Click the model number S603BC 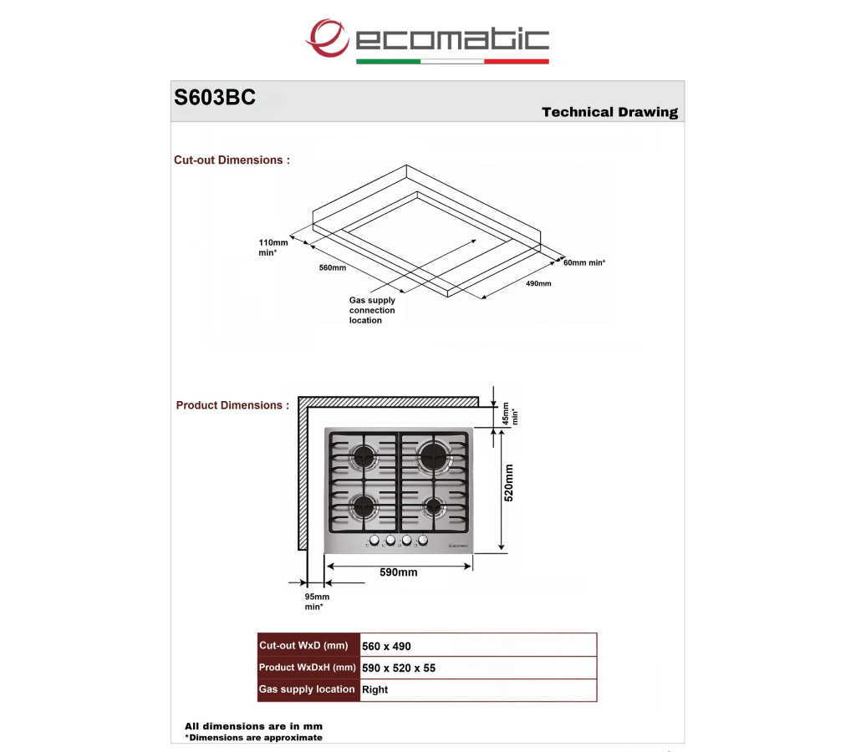(x=215, y=97)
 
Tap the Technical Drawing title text (x=609, y=112)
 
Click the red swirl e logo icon (x=327, y=38)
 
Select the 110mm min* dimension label (x=273, y=247)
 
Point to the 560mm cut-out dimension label (x=333, y=267)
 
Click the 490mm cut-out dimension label (x=538, y=283)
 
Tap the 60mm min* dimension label (x=584, y=262)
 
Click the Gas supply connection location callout (x=372, y=310)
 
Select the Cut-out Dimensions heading (x=232, y=160)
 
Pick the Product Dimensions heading (x=232, y=405)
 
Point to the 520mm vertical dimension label (x=509, y=483)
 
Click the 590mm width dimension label (x=399, y=572)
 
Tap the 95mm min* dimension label (x=317, y=602)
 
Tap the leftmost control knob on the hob (x=374, y=541)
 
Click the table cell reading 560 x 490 (x=386, y=646)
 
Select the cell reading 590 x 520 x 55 (x=399, y=668)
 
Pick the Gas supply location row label (x=307, y=689)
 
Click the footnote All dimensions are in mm (x=253, y=726)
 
